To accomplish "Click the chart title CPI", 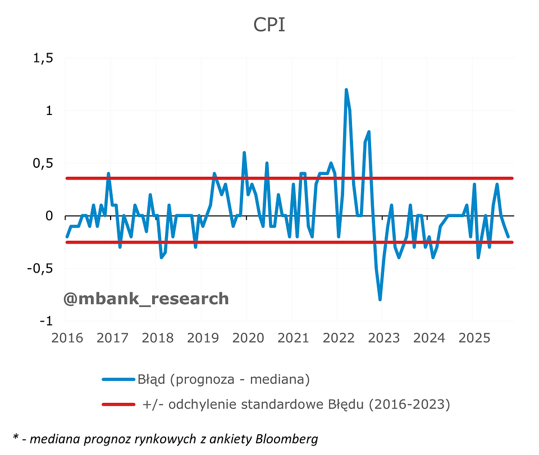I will coord(269,25).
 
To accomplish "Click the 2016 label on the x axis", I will coord(67,338).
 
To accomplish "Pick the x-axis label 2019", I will coord(202,338).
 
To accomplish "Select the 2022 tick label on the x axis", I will coord(338,338).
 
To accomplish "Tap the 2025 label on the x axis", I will coord(473,338).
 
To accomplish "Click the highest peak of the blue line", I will coord(346,90).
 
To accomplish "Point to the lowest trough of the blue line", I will coord(380,300).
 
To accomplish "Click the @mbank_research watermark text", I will coord(146,298).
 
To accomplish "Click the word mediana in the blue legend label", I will coord(277,379).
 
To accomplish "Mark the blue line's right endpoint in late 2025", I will coord(508,237).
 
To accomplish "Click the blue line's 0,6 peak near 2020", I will coord(244,153).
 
